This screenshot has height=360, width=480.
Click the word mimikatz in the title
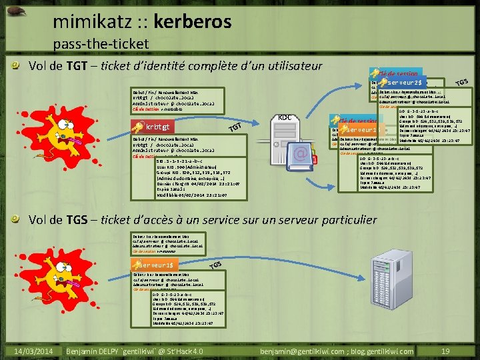tap(90, 22)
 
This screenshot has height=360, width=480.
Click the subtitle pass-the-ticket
tap(101, 44)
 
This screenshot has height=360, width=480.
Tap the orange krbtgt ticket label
tap(155, 127)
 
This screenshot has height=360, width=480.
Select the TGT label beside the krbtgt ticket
tap(234, 127)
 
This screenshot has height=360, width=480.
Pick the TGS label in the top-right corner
tap(462, 81)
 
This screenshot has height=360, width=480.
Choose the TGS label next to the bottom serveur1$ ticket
tap(215, 265)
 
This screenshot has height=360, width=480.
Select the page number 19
tap(445, 351)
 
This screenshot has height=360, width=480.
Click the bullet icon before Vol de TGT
tap(19, 67)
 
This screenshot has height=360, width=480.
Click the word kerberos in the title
tap(193, 22)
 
